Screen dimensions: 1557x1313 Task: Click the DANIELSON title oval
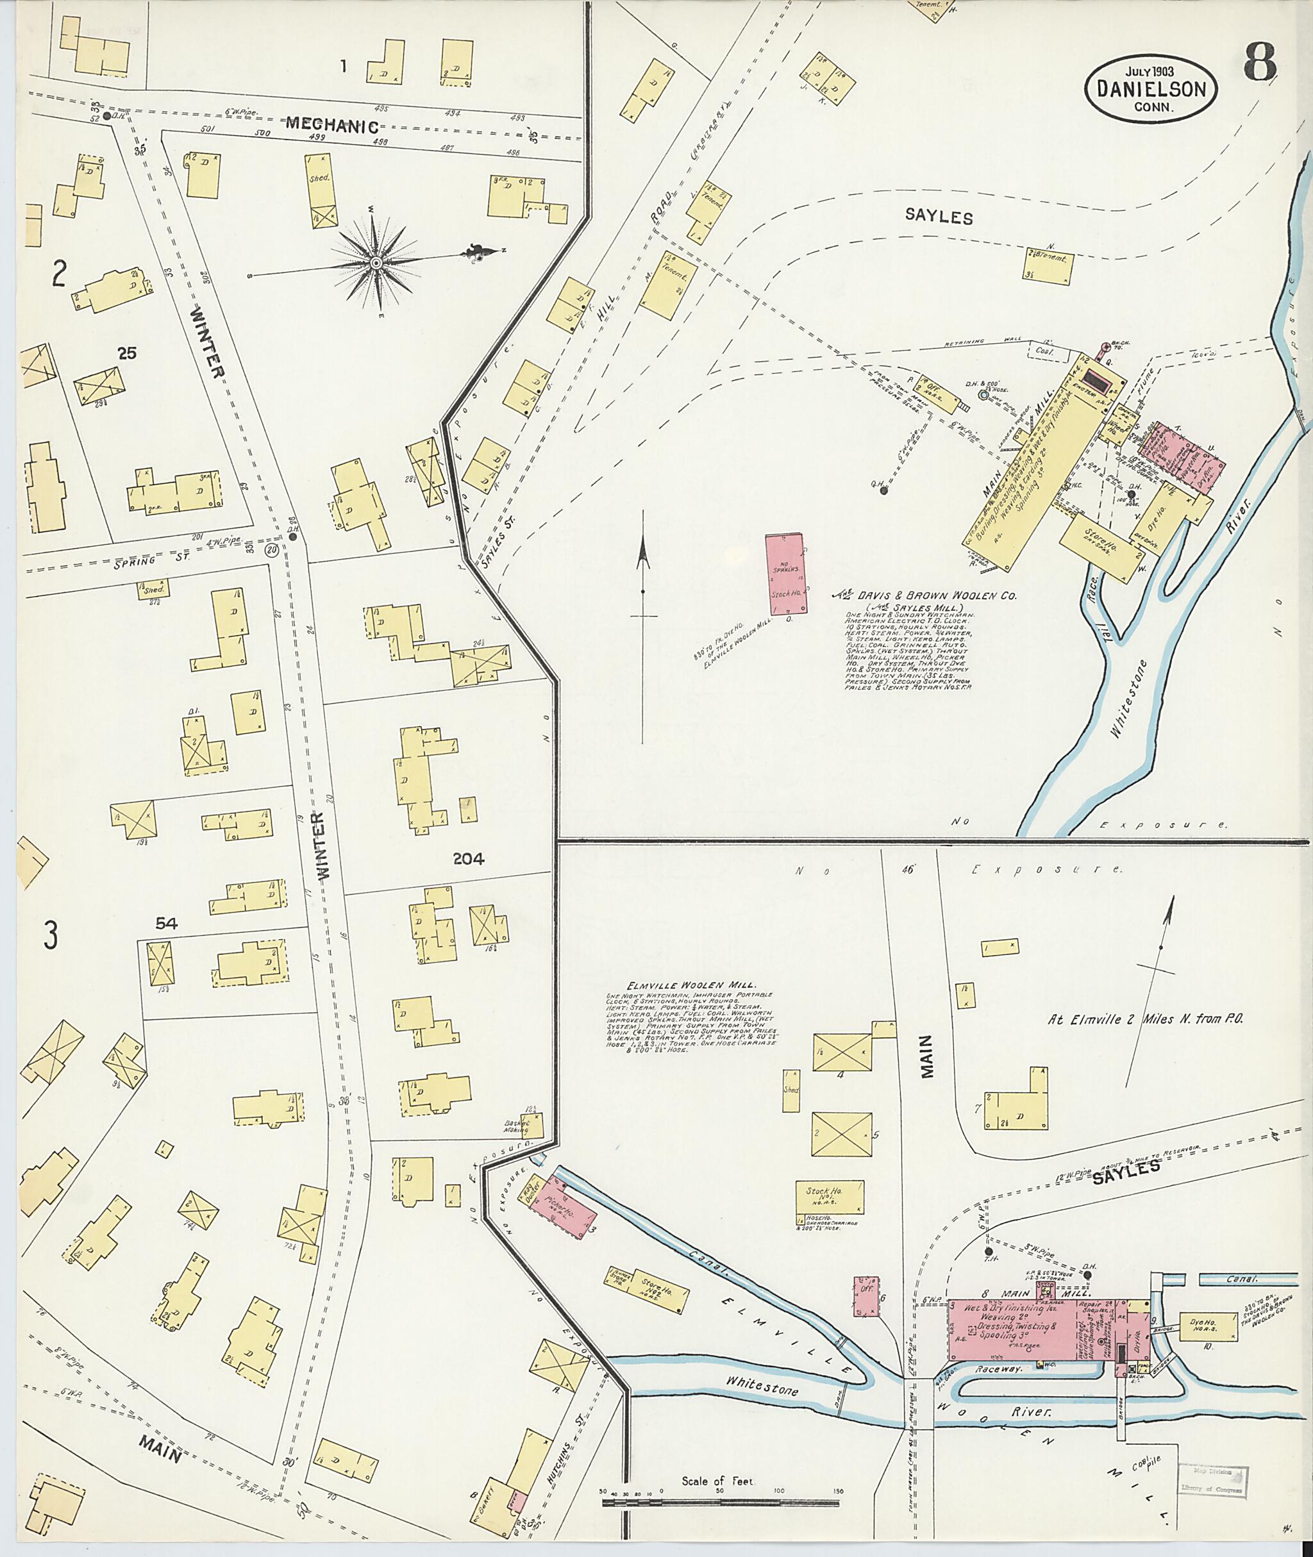click(1155, 88)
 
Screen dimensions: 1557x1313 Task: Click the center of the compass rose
click(376, 262)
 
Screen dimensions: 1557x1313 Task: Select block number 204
click(468, 858)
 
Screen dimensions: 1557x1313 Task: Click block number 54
click(166, 923)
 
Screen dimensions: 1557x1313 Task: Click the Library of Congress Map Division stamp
click(1212, 1474)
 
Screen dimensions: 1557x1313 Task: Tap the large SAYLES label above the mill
click(938, 217)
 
